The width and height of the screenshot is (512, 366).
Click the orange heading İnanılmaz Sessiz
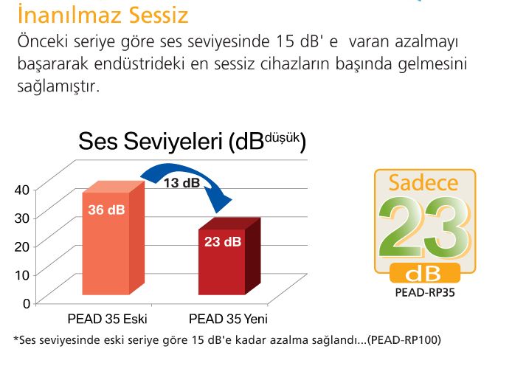(103, 15)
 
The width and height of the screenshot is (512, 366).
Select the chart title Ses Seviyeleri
(151, 142)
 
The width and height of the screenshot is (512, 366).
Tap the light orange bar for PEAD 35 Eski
(113, 238)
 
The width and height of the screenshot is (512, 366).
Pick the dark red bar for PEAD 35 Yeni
(229, 256)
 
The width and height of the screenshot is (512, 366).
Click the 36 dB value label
(106, 210)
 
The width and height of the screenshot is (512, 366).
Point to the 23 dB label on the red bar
(223, 241)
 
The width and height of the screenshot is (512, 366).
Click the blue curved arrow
(187, 183)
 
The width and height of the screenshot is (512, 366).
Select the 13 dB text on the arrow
(181, 183)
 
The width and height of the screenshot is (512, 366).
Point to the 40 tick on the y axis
(22, 190)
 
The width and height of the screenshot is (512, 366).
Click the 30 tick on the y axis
(22, 218)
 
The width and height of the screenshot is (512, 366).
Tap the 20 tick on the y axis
(22, 246)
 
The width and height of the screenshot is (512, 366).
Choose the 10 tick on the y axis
(22, 275)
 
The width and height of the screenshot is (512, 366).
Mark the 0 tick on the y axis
(27, 303)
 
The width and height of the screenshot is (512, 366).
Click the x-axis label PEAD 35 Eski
(107, 319)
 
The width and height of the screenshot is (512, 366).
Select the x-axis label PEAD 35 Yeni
(228, 319)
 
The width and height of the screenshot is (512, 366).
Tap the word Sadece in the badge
(423, 183)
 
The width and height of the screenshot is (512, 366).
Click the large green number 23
(424, 227)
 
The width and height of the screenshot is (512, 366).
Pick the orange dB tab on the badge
(425, 273)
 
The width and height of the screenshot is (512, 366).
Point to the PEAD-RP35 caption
(425, 292)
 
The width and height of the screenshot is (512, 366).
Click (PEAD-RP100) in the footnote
(404, 340)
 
